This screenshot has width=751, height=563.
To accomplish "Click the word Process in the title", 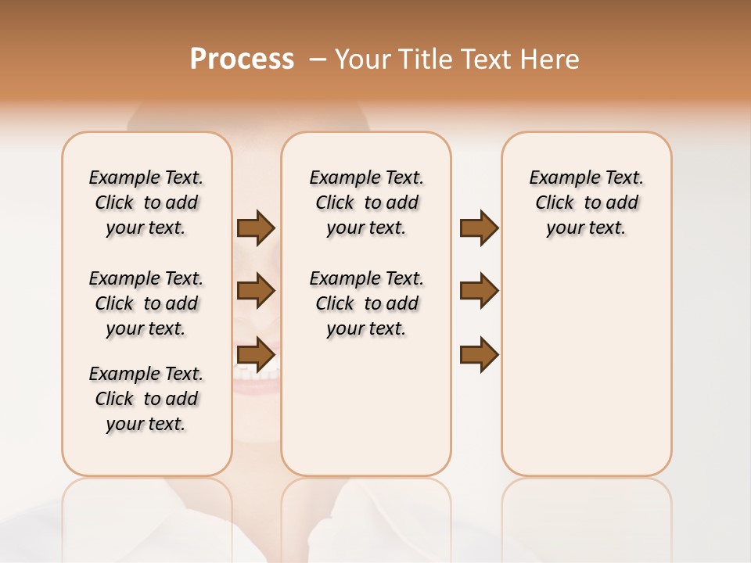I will pyautogui.click(x=242, y=59).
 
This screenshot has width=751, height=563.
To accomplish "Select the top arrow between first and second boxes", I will pyautogui.click(x=256, y=228).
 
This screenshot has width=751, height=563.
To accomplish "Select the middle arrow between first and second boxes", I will pyautogui.click(x=256, y=292).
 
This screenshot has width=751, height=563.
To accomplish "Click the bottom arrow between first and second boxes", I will pyautogui.click(x=256, y=355).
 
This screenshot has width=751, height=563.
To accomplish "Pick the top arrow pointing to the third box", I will pyautogui.click(x=479, y=228).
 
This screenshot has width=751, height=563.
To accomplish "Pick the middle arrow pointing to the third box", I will pyautogui.click(x=479, y=292).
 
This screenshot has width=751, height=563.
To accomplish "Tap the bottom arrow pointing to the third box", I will pyautogui.click(x=479, y=355).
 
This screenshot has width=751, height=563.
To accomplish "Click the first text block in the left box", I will pyautogui.click(x=146, y=203).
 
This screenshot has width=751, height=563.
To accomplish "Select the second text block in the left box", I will pyautogui.click(x=146, y=303).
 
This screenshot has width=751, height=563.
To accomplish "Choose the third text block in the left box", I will pyautogui.click(x=146, y=399).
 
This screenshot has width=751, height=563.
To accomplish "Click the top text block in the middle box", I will pyautogui.click(x=366, y=203).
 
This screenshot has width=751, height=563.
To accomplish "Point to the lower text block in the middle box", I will pyautogui.click(x=366, y=303).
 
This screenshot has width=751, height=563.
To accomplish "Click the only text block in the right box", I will pyautogui.click(x=586, y=203).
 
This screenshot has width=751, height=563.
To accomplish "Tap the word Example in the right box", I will pyautogui.click(x=562, y=178).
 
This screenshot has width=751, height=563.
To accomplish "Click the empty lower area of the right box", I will pyautogui.click(x=586, y=368).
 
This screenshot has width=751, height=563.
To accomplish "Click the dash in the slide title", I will pyautogui.click(x=318, y=59).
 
